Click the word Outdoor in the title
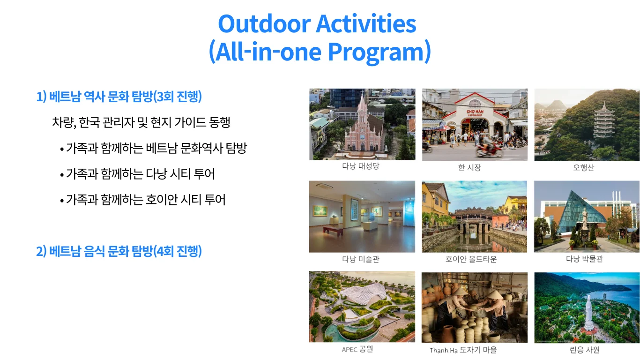point(265,24)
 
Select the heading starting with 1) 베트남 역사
point(119,97)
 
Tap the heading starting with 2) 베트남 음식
point(119,251)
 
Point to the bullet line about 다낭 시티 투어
point(137,174)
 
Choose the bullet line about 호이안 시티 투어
point(143,200)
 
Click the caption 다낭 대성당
point(361,166)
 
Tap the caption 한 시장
point(469,167)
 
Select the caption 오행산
point(583,167)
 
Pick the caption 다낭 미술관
point(361,259)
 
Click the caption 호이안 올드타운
point(471,259)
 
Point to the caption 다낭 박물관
point(584,259)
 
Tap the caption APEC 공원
point(357,349)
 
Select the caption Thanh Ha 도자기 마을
point(463,350)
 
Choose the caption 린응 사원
point(584,350)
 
